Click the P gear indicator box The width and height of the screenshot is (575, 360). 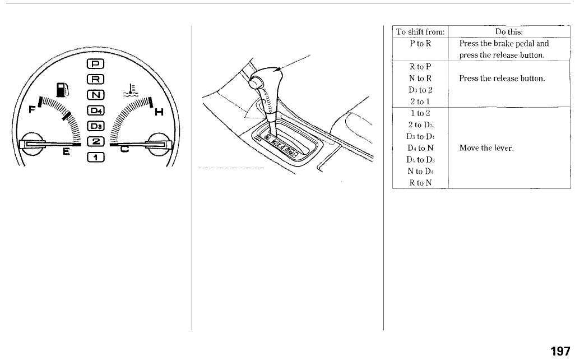point(95,64)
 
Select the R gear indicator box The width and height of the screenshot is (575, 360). point(95,79)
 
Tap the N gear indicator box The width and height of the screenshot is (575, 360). point(95,95)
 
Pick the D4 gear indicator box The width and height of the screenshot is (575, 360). point(95,110)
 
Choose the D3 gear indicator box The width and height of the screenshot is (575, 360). point(95,126)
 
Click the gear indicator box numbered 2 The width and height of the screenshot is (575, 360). point(95,142)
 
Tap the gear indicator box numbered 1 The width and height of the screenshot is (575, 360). point(95,158)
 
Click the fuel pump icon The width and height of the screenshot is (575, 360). point(62,90)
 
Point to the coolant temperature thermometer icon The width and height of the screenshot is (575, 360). point(131,90)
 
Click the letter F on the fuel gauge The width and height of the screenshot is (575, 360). point(33,109)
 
